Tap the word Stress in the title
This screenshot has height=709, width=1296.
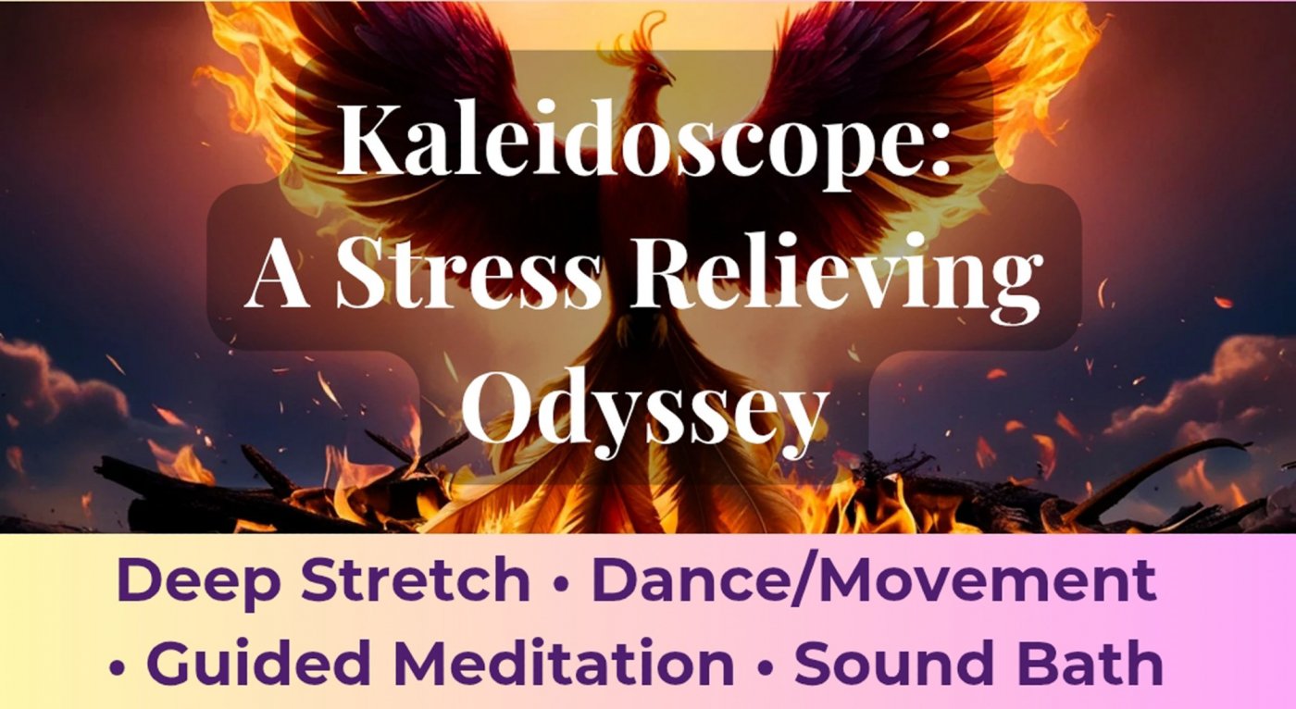coord(469,277)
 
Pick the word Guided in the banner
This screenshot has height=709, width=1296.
coord(258,662)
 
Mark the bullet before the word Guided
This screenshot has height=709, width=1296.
coord(117,666)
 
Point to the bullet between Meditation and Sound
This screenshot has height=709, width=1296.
coord(765,666)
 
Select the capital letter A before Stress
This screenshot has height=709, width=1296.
coord(277,277)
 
